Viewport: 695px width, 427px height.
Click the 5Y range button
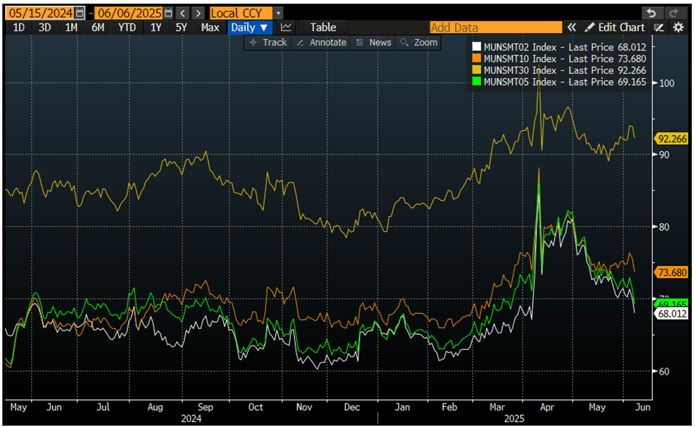point(181,27)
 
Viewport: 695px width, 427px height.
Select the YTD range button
point(127,27)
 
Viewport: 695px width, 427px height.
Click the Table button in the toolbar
point(323,27)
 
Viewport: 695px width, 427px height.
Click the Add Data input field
point(495,27)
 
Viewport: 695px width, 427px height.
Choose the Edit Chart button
point(614,27)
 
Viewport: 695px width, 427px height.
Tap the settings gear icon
point(678,27)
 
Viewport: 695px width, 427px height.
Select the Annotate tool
point(321,42)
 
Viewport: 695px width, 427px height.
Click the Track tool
point(268,42)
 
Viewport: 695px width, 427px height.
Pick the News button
point(374,42)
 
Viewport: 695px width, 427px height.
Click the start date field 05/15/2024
point(38,13)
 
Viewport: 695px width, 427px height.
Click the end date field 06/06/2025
point(128,13)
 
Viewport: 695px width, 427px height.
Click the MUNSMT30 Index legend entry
point(558,70)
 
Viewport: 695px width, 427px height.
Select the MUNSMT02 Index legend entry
point(558,46)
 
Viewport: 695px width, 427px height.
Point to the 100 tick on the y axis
point(666,83)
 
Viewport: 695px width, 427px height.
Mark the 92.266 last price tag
point(671,138)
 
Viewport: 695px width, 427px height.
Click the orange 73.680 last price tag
point(671,271)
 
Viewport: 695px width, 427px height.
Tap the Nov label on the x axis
point(304,407)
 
